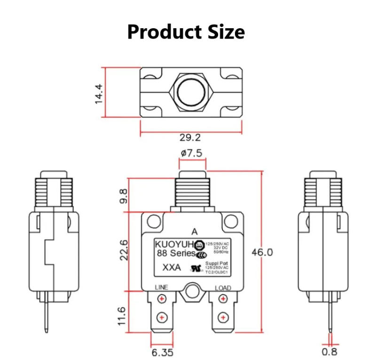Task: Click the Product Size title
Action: pos(186,32)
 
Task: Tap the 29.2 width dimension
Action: pos(190,137)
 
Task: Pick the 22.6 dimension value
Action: pos(123,249)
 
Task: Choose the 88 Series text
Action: pos(175,253)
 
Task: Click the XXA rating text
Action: pos(170,268)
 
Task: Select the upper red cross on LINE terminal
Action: pos(161,299)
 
